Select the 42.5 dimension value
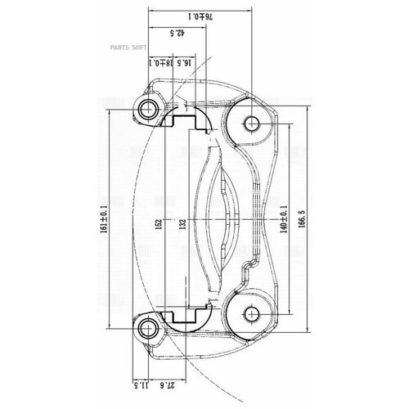(173, 34)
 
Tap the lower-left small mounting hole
(149, 330)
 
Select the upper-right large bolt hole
(252, 124)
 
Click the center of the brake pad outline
(216, 218)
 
